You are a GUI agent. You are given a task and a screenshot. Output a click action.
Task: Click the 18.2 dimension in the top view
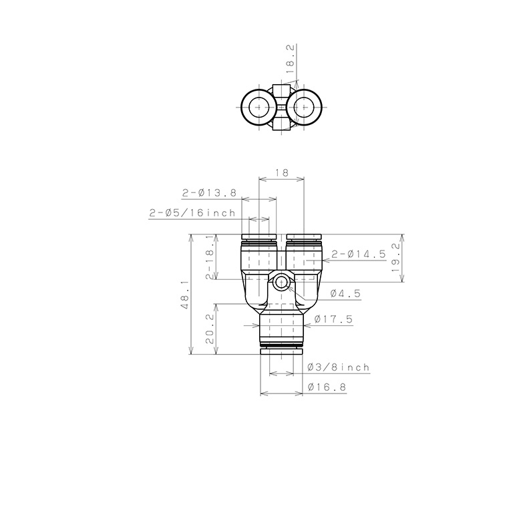pyautogui.click(x=290, y=59)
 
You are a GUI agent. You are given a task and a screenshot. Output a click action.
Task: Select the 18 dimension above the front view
pyautogui.click(x=281, y=172)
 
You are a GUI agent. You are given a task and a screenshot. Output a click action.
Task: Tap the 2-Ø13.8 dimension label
pyautogui.click(x=209, y=192)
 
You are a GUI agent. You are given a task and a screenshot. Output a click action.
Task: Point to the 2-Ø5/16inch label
pyautogui.click(x=192, y=213)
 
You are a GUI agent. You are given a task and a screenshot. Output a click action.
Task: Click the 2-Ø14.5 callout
pyautogui.click(x=359, y=254)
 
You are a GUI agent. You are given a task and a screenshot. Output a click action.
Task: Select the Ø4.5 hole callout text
pyautogui.click(x=345, y=293)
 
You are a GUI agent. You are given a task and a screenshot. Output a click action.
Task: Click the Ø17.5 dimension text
pyautogui.click(x=334, y=319)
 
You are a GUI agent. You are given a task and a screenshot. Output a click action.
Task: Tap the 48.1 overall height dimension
pyautogui.click(x=184, y=295)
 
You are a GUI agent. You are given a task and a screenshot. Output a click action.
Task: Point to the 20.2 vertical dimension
pyautogui.click(x=210, y=329)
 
